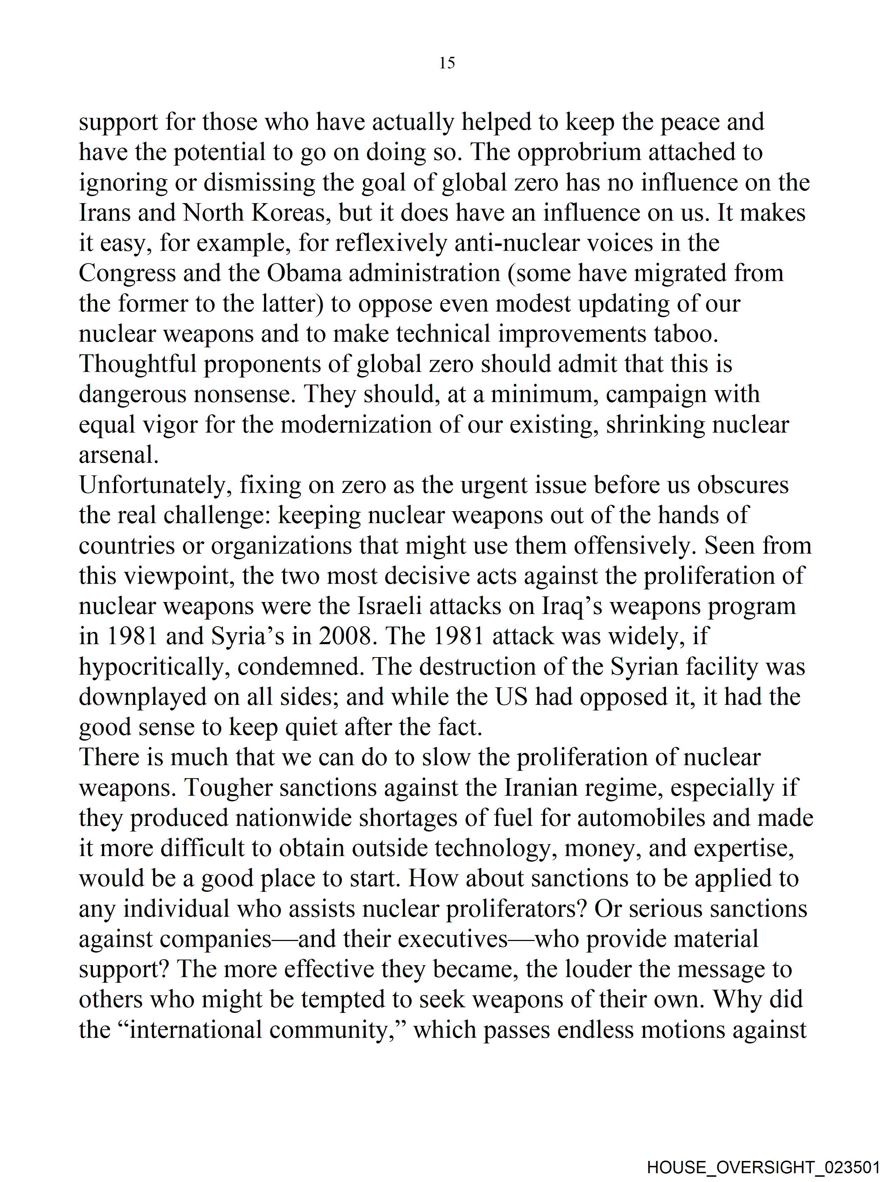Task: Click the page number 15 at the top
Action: click(x=447, y=63)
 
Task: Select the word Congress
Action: click(x=127, y=274)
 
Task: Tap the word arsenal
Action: click(x=118, y=455)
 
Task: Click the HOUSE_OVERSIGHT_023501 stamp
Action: click(x=763, y=1167)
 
